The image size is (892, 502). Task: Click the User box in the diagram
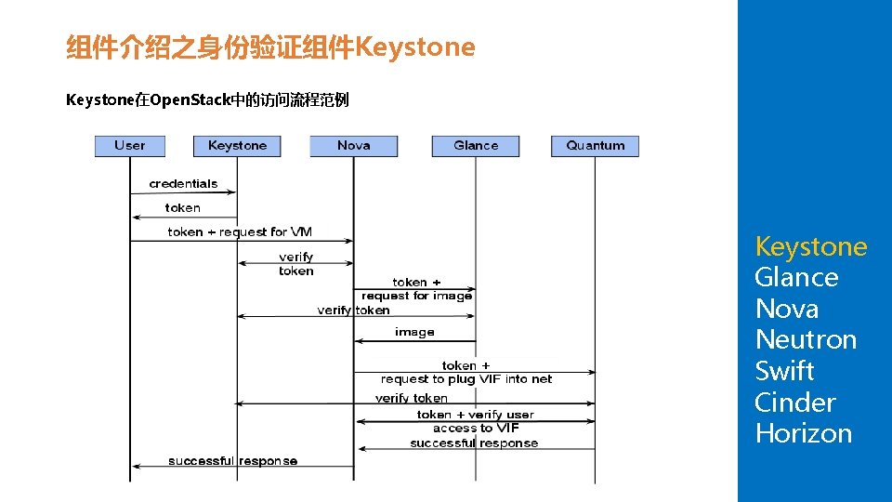pos(129,146)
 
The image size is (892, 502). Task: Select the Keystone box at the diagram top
pos(237,146)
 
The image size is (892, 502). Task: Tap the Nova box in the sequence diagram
pos(353,146)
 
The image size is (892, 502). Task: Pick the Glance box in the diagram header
pos(476,146)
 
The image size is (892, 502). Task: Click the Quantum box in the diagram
pos(595,146)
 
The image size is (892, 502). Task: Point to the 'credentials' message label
pos(183,184)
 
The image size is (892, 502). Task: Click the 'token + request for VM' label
pos(240,231)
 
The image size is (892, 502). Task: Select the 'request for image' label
pos(416,296)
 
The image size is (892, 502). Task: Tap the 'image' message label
pos(414,332)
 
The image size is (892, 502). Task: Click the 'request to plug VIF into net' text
pos(466,379)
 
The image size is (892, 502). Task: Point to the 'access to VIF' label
pos(476,429)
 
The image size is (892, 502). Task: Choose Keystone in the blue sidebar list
pos(810,246)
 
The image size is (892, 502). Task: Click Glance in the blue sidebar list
pos(796,277)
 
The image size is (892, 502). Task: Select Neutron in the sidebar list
pos(806,339)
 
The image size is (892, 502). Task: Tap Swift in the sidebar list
pos(784,371)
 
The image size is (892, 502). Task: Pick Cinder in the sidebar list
pos(794,403)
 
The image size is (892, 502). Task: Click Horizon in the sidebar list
pos(803,433)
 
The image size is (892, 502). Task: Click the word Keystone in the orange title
pos(415,46)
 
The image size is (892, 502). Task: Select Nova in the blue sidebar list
pos(786,309)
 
